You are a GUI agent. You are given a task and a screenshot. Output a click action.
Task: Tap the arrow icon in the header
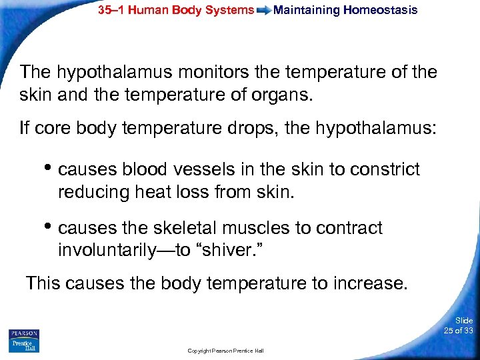[x=263, y=11]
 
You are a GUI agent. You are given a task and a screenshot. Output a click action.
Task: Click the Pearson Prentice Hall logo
[x=24, y=340]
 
